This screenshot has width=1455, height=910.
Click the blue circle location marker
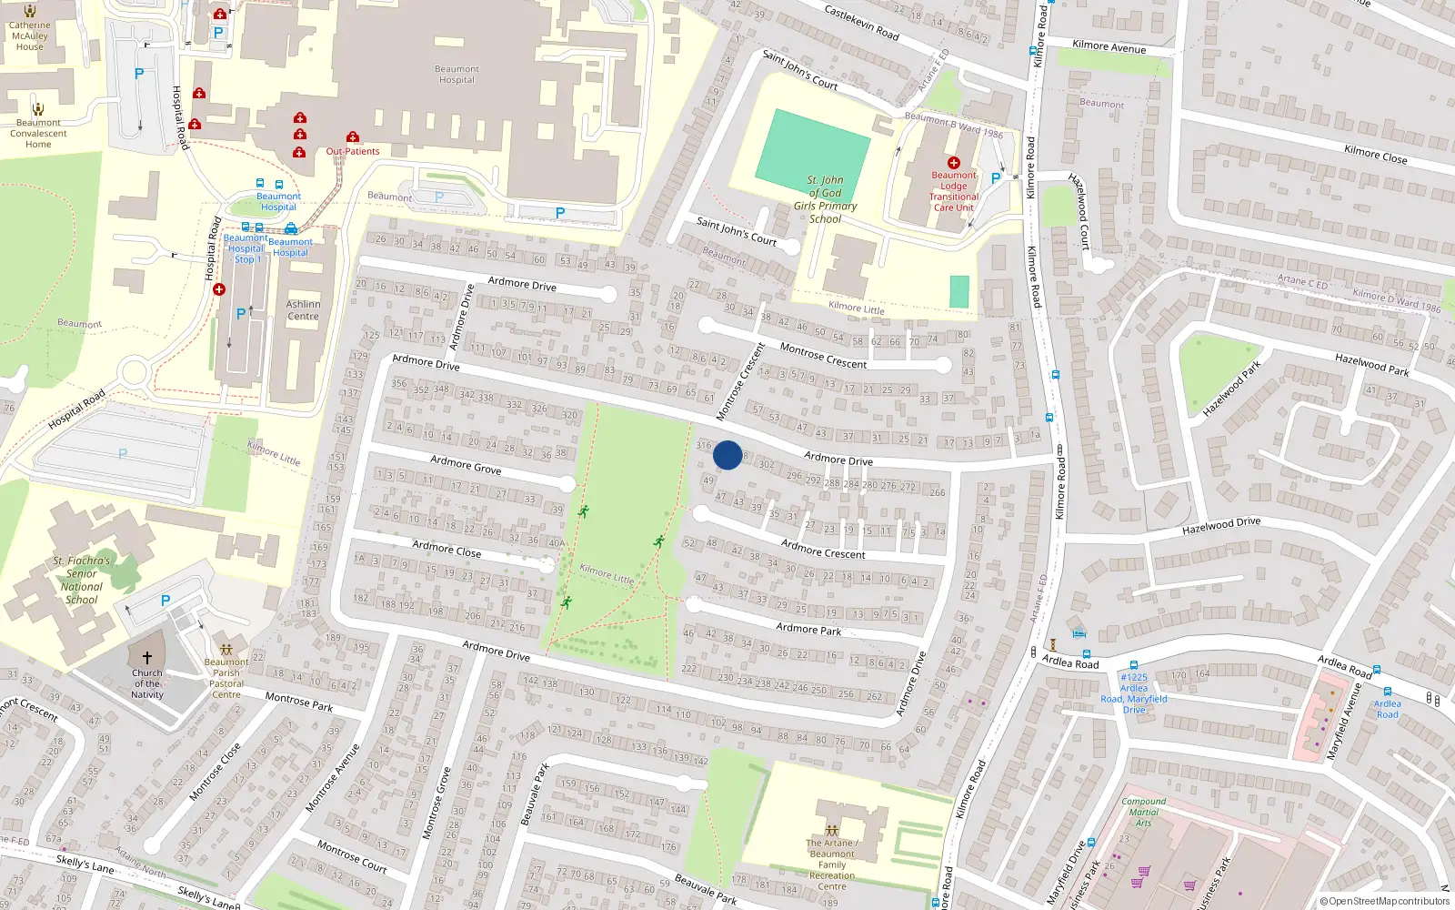coord(727,455)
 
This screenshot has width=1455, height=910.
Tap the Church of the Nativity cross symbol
coord(147,657)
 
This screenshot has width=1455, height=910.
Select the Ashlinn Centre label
coord(303,310)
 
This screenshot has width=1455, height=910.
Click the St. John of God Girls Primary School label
coord(825,199)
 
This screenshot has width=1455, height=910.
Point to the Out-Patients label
coord(353,151)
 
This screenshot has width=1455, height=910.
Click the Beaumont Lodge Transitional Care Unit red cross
coord(953,163)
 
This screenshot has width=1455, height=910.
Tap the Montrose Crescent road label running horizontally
coord(823,356)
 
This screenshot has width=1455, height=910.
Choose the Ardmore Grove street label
coord(466,465)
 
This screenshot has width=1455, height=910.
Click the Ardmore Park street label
coord(808,629)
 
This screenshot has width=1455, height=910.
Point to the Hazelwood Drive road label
coord(1220,526)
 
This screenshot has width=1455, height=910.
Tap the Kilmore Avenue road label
coord(1109,46)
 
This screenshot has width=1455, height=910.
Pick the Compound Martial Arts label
coord(1143,812)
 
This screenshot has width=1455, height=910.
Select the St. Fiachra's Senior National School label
coord(81,580)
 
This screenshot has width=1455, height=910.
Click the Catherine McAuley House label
coord(30,36)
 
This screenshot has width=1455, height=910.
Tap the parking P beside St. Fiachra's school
coord(166,601)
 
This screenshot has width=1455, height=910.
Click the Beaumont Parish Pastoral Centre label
coord(226,678)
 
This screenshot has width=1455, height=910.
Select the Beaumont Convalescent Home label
coord(38,133)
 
